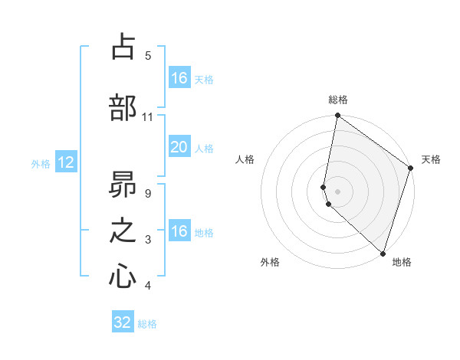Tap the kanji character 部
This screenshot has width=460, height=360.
point(123,108)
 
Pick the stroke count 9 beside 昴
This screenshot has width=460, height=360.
point(147,193)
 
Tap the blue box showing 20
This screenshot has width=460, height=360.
point(179,147)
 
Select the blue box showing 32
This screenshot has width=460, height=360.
point(123,322)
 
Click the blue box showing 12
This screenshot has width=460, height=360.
point(65,162)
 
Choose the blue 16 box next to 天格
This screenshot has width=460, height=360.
point(179,78)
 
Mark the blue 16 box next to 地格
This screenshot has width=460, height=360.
point(179,231)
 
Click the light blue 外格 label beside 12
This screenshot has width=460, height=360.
point(41,163)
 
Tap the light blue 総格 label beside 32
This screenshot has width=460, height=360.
point(147,323)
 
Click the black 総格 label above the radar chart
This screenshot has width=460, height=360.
point(338,100)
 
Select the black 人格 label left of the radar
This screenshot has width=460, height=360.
point(245,159)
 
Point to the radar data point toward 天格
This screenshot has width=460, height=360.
point(411,169)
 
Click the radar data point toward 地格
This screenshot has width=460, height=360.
point(383,254)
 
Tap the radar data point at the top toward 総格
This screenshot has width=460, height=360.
point(337,116)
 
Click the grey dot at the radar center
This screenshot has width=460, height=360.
point(337,191)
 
